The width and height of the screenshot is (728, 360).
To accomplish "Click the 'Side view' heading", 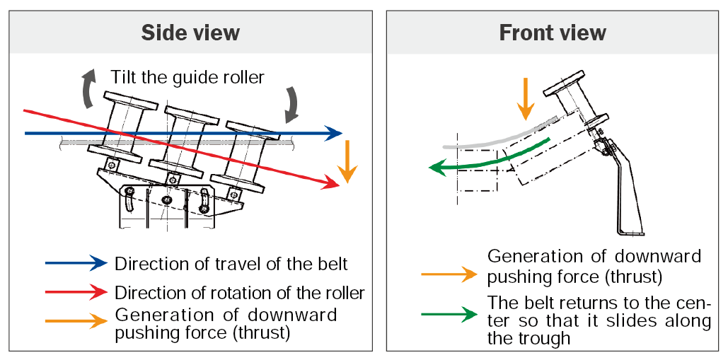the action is pos(190,33).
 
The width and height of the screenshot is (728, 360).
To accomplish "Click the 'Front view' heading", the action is pos(553,33).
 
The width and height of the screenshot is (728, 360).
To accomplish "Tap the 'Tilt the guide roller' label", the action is pos(187,76).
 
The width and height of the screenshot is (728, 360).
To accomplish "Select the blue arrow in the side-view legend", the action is pos(76,263).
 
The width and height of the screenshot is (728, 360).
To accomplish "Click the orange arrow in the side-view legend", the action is pos(76,321).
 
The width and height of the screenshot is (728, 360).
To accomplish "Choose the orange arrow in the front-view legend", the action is pos(449,274).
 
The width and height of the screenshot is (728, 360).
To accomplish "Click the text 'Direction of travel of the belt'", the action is pos(231,264).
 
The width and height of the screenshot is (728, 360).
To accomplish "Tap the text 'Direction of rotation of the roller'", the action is pos(240,293).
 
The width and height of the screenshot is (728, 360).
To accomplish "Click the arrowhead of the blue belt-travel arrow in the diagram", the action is pos(334,134).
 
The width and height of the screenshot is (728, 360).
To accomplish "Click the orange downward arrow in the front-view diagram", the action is pos(526,98).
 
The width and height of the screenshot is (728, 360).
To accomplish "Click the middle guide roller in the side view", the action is pos(184,142).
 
